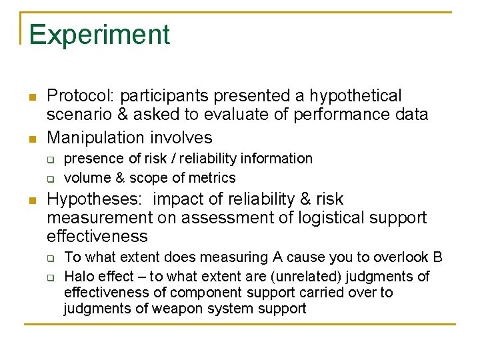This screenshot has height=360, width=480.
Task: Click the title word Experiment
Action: click(99, 35)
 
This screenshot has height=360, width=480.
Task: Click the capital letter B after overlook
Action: click(438, 257)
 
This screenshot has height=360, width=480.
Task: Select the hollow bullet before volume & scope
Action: click(50, 179)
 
